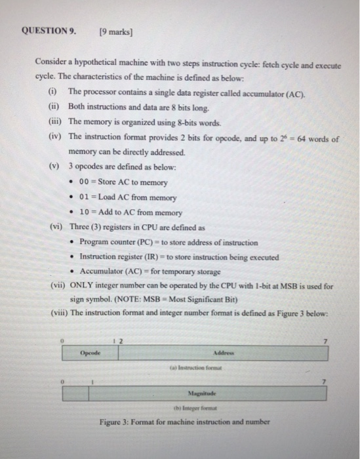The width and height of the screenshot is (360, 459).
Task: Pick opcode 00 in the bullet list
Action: (84, 182)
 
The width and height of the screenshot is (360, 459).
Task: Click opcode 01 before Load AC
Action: (84, 197)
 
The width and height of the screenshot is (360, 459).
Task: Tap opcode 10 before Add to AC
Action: (84, 212)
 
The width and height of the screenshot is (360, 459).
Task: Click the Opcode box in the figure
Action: (90, 353)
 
